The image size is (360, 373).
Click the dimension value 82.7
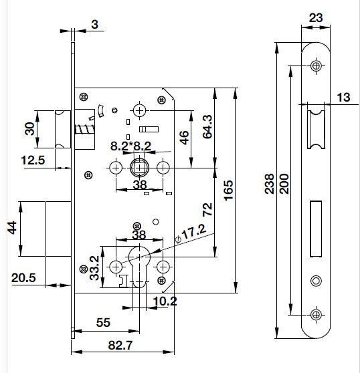(x=120, y=345)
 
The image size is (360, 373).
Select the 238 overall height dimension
(x=270, y=184)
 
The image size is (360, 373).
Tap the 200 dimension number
(x=284, y=184)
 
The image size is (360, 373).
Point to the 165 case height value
(x=229, y=191)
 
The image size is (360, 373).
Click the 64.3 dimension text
(x=207, y=126)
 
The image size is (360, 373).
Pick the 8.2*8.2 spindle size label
(x=130, y=146)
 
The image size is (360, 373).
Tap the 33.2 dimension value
(x=94, y=268)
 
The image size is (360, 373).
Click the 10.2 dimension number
(x=165, y=301)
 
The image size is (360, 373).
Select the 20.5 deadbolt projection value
(x=23, y=277)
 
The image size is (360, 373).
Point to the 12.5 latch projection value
(x=33, y=160)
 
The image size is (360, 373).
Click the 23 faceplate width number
(x=316, y=18)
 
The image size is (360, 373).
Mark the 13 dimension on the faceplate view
(x=343, y=98)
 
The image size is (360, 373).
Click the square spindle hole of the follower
(x=139, y=168)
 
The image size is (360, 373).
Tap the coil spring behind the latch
(x=85, y=130)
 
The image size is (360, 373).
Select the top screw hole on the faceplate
(x=316, y=66)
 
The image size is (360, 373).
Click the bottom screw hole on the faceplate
(x=316, y=315)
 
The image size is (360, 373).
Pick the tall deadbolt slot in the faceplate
(x=316, y=229)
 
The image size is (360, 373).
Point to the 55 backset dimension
(x=103, y=323)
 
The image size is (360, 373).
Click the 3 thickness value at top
(x=95, y=25)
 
